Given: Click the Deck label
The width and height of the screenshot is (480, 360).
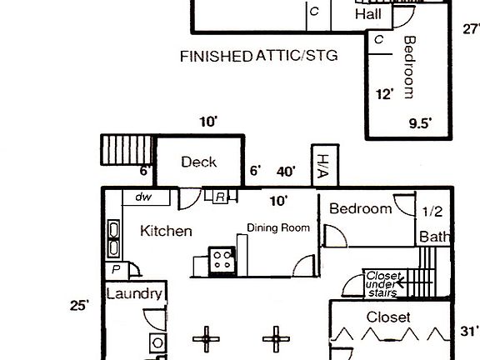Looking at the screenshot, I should tap(199, 162).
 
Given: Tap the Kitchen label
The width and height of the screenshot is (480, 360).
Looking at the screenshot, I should tap(166, 231).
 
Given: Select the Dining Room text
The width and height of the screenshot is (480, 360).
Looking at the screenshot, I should tap(277, 227).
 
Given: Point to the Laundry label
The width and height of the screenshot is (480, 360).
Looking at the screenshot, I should tap(133, 294).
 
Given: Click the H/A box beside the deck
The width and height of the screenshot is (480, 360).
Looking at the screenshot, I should tap(322, 166).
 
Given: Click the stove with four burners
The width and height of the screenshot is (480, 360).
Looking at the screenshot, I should tap(222, 260).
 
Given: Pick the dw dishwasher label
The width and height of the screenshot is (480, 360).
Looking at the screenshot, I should tap(142, 197).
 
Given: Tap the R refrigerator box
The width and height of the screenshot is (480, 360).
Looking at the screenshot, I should tap(220, 197).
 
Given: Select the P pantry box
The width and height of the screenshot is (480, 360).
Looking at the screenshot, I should tap(116, 270).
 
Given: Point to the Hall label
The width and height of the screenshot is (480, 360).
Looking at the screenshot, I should tap(369, 15).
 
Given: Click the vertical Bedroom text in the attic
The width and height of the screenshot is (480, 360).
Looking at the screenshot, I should tap(409, 67).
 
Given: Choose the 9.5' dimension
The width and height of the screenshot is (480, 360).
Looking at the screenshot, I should tap(420, 123).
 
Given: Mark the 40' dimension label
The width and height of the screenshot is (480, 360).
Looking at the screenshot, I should tap(286, 172).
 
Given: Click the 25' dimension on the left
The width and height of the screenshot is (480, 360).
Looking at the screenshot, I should tap(79, 306).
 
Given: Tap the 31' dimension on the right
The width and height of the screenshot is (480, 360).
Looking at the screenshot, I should tap(469, 331).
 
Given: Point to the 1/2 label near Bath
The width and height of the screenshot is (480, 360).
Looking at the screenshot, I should tap(432, 211).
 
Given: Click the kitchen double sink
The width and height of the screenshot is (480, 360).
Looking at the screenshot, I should tap(113, 239).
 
